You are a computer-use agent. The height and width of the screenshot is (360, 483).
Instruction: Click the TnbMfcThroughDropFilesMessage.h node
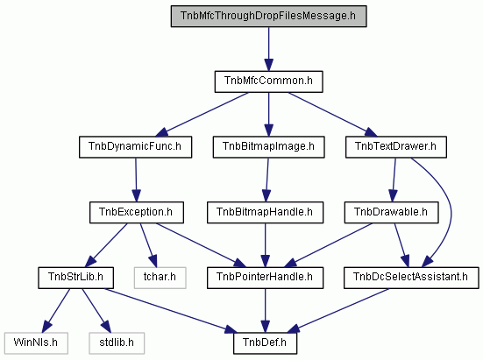click(268, 16)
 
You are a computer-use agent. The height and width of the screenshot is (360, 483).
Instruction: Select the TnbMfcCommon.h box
click(268, 81)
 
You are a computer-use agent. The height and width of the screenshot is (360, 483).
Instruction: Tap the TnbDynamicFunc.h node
click(135, 147)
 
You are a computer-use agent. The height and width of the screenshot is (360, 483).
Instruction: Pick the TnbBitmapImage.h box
click(268, 147)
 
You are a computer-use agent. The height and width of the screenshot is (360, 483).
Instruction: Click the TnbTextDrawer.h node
click(396, 147)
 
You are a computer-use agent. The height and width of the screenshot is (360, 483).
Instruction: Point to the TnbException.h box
click(137, 212)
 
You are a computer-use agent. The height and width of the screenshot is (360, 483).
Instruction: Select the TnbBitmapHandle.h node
click(265, 212)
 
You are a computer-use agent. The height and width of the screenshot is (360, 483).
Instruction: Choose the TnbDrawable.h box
click(391, 212)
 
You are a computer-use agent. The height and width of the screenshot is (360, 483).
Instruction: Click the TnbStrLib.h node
click(75, 278)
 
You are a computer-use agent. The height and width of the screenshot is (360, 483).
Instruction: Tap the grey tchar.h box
click(160, 278)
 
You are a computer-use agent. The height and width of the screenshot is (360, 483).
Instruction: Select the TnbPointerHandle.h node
click(265, 278)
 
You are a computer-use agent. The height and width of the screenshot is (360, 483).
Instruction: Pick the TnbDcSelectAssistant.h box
click(411, 278)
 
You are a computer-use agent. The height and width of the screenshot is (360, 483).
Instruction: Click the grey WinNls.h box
click(36, 343)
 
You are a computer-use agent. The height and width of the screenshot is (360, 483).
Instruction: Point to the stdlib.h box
click(117, 343)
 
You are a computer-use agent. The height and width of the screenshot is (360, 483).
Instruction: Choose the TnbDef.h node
click(265, 343)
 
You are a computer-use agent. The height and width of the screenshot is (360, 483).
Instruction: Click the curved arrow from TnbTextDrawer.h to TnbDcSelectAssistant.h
click(451, 212)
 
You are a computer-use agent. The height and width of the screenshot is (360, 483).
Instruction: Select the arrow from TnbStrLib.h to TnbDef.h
click(171, 311)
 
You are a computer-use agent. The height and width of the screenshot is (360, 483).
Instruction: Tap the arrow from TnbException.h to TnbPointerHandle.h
click(200, 245)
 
